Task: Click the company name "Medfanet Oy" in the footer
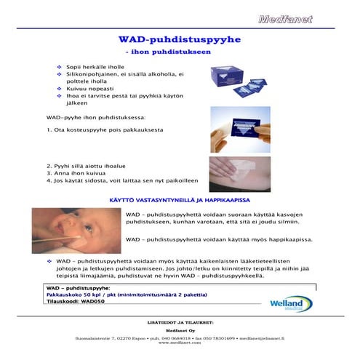click(x=179, y=328)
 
